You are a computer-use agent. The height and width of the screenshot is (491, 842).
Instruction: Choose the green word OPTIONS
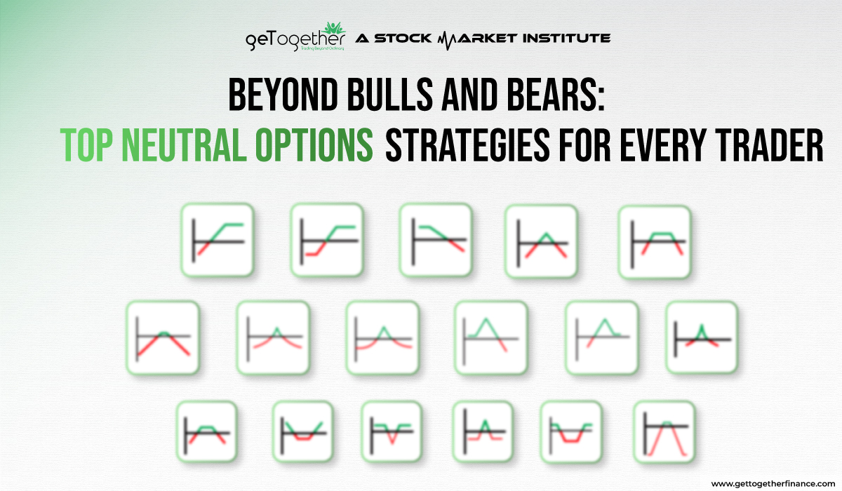[321, 145]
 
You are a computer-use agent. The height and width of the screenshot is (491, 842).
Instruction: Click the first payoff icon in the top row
[217, 239]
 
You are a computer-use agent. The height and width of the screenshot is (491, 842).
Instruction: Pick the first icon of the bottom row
[206, 431]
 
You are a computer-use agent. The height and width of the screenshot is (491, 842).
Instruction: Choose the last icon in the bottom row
[664, 431]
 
